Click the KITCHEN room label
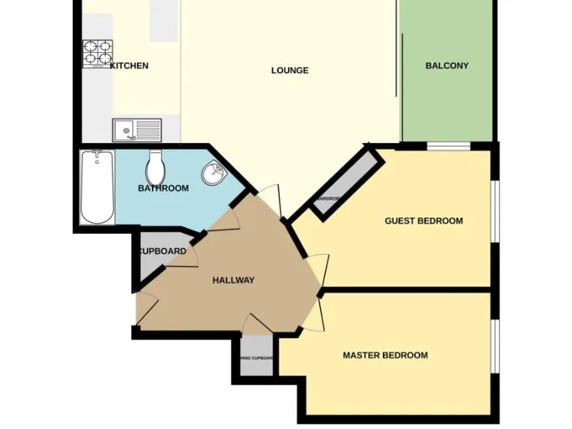click(130, 66)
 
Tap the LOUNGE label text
click(290, 71)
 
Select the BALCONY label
click(447, 66)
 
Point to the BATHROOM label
click(163, 188)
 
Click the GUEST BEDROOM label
click(423, 220)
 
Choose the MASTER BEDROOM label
click(385, 355)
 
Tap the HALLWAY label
click(233, 280)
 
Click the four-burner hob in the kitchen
click(98, 53)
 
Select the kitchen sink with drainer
click(136, 130)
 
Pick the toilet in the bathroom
click(156, 168)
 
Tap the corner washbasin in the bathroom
click(214, 174)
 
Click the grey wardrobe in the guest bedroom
click(343, 182)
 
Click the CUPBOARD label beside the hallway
click(162, 251)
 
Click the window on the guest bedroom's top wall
click(448, 146)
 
